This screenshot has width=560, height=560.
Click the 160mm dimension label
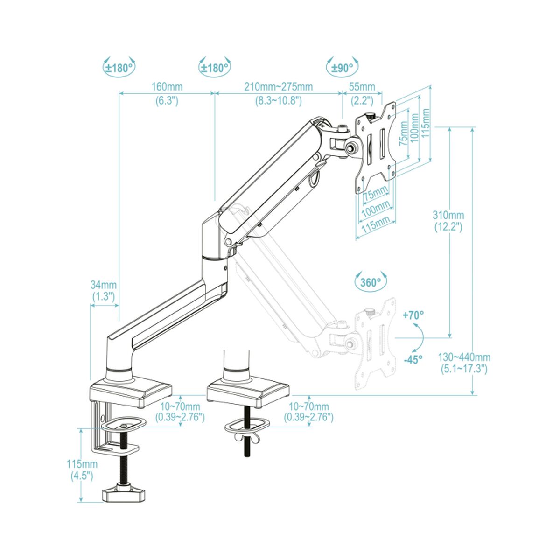click(x=167, y=87)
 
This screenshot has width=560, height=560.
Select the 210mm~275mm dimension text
click(x=279, y=87)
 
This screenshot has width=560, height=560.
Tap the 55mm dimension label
click(x=362, y=87)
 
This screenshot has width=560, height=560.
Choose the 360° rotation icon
click(x=371, y=282)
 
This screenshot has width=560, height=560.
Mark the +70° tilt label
click(x=413, y=315)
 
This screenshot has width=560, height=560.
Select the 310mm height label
click(x=448, y=215)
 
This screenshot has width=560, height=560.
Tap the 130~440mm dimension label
click(x=464, y=357)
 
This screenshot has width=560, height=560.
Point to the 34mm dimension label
click(x=104, y=285)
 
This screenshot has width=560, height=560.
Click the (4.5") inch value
click(x=82, y=476)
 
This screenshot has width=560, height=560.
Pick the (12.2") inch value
click(x=448, y=227)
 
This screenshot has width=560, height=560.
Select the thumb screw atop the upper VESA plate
click(x=371, y=115)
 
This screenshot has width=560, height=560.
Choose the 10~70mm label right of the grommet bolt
click(x=309, y=407)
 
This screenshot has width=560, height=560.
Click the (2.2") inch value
click(x=362, y=100)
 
